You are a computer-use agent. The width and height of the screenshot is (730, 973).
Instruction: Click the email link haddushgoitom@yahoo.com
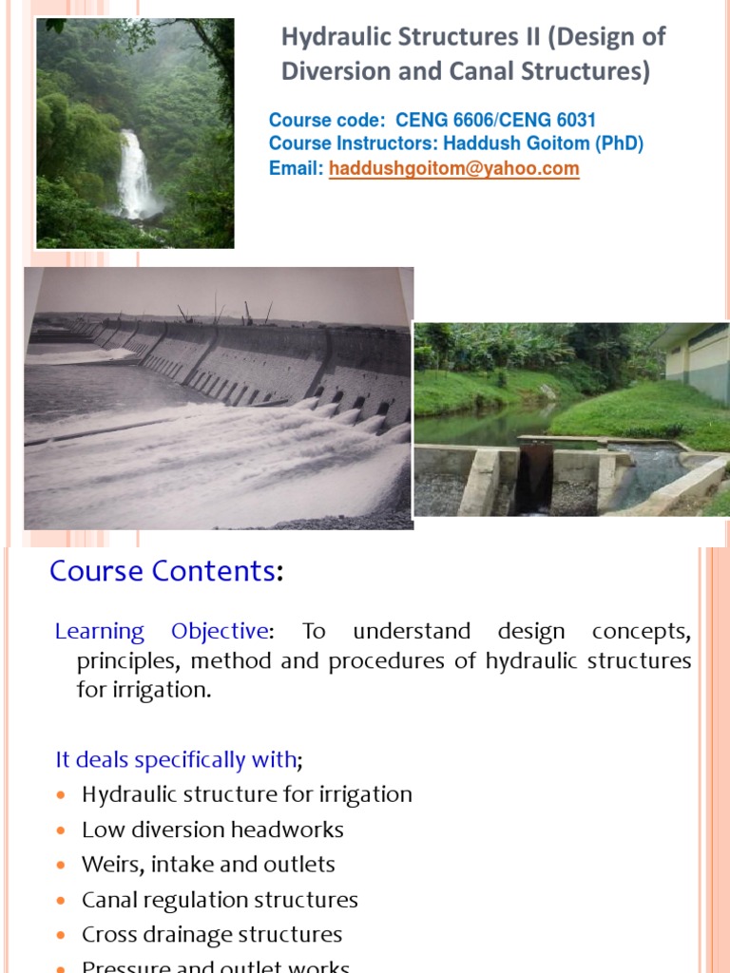click(453, 168)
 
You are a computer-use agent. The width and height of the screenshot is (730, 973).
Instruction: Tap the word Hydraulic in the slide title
click(329, 37)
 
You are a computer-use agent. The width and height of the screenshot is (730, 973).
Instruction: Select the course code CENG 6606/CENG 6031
click(495, 121)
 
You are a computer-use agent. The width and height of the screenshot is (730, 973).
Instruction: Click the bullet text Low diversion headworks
click(212, 830)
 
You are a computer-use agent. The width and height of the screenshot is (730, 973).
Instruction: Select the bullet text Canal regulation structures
click(220, 899)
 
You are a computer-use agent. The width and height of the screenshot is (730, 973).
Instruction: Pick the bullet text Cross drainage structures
click(212, 934)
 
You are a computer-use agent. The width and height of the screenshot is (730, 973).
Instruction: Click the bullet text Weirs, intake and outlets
click(208, 865)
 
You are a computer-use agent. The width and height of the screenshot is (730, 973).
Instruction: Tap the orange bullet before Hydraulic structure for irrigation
click(63, 795)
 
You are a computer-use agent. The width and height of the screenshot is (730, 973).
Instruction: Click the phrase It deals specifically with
click(176, 760)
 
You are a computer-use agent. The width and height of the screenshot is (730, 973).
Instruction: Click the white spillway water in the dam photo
click(190, 456)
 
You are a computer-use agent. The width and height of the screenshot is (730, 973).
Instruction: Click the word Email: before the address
click(297, 168)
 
